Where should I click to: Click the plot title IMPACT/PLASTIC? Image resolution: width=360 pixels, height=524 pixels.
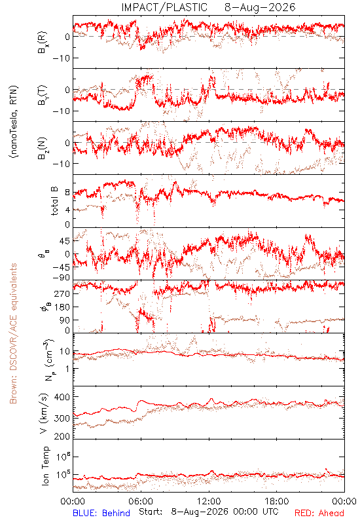coord(164,7)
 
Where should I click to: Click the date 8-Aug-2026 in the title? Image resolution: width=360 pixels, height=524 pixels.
coord(260,7)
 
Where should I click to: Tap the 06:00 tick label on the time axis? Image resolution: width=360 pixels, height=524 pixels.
coord(141,501)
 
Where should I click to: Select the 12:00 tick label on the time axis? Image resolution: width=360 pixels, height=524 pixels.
coord(209,501)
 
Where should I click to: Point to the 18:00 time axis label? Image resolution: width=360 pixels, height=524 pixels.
coord(277,501)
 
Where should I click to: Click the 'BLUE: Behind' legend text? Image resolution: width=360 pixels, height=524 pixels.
coord(101,513)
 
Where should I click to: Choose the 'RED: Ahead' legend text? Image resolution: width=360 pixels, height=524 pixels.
coord(319,513)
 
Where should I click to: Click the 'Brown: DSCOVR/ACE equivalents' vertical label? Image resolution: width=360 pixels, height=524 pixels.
coord(13,333)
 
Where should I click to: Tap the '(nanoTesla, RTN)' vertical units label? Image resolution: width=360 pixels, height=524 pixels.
coord(14,122)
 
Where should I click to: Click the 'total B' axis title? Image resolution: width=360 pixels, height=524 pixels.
coord(54,201)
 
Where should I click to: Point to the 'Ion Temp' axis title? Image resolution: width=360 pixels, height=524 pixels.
coord(45,466)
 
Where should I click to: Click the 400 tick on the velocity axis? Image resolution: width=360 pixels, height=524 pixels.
coord(62,397)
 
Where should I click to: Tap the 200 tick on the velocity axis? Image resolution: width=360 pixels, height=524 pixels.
coord(62,436)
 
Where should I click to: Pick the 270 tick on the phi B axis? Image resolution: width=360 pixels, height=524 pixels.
coord(62,293)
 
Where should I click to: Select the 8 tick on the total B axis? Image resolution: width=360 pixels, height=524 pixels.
coord(67,193)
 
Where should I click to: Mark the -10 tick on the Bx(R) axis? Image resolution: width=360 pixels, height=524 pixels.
coord(60,58)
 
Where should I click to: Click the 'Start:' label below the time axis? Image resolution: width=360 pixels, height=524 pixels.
coord(151,512)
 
